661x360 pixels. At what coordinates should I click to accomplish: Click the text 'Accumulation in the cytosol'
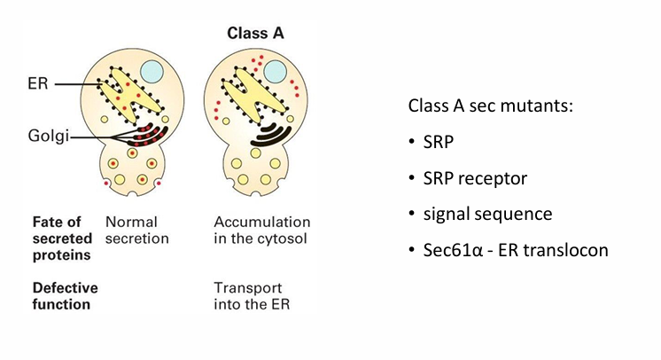262,230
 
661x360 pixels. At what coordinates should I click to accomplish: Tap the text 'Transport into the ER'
250,296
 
